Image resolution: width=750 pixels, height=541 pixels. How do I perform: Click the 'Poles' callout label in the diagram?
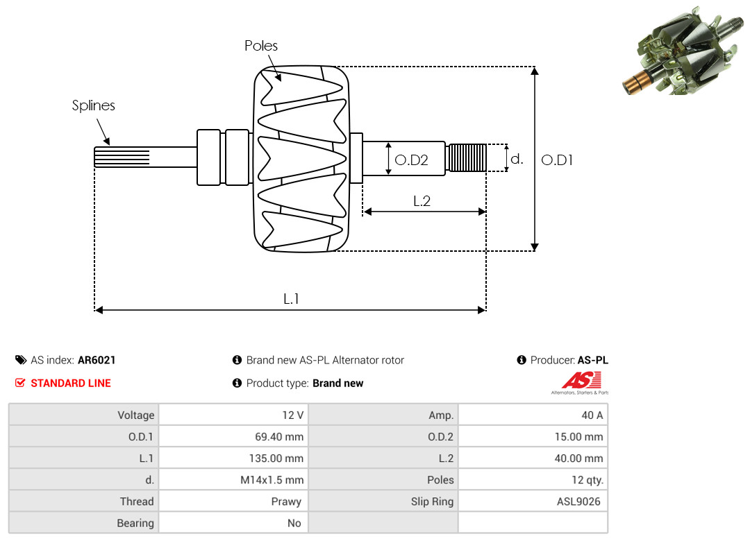(260, 46)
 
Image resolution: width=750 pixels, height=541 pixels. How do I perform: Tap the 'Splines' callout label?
(93, 105)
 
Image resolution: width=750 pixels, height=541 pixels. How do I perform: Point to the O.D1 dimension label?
(557, 160)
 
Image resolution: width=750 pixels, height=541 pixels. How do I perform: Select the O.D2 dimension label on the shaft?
(411, 160)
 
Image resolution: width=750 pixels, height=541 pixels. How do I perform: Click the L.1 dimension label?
(291, 299)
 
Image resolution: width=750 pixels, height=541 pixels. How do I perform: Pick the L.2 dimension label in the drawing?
(422, 200)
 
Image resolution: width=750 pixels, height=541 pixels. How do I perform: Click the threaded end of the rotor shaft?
(467, 157)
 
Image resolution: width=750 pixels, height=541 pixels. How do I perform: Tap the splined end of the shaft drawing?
(122, 157)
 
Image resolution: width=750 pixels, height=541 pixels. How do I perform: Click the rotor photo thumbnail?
(683, 51)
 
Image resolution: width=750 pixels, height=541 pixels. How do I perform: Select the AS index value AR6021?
(97, 360)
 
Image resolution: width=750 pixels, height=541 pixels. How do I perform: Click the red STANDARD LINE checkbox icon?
(20, 383)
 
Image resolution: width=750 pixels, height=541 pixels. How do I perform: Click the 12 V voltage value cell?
(233, 415)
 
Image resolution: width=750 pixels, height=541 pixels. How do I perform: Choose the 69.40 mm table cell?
(233, 436)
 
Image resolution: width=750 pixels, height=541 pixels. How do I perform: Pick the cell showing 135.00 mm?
(233, 458)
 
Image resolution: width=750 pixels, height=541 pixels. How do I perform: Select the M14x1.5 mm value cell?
(233, 479)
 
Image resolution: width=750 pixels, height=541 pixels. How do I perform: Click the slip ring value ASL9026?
(578, 501)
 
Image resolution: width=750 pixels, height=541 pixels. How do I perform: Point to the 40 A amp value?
(592, 415)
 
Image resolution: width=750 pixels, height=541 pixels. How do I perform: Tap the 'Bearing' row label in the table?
(135, 524)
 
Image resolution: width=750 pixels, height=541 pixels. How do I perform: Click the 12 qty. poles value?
(587, 480)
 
